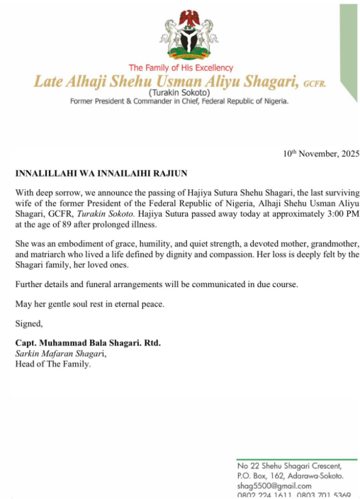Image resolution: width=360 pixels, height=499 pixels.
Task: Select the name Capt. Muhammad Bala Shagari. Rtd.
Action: (x=88, y=344)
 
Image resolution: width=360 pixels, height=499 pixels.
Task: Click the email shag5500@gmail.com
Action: (x=275, y=486)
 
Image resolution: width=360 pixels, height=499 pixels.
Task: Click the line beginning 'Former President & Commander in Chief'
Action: (x=179, y=101)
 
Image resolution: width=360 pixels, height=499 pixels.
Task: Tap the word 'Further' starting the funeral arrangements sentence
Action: (x=30, y=284)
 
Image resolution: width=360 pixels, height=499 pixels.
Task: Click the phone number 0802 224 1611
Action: (x=262, y=495)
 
